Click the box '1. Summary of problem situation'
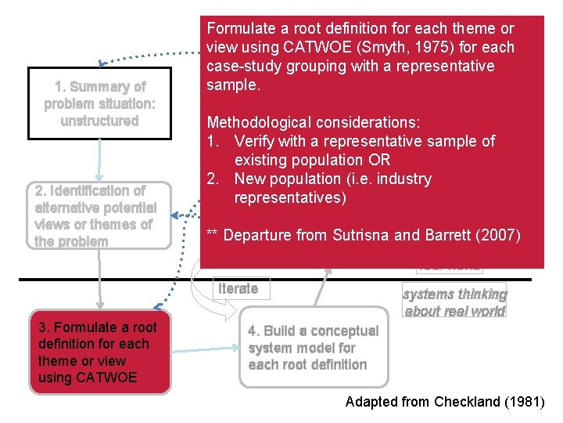click(x=99, y=103)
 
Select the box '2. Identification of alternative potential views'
click(x=99, y=215)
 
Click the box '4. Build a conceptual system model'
click(x=313, y=348)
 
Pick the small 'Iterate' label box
click(x=238, y=288)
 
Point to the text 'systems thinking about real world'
click(x=454, y=302)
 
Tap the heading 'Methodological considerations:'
click(x=313, y=122)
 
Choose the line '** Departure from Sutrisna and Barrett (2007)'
click(x=363, y=235)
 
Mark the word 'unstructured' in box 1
click(x=99, y=121)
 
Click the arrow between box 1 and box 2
click(x=99, y=160)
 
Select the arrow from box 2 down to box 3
click(x=99, y=282)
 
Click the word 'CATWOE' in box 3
click(x=88, y=378)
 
